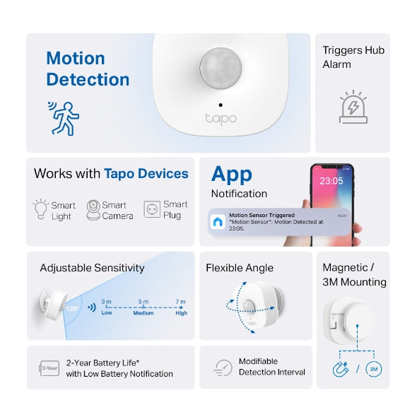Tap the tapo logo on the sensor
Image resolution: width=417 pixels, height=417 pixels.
pyautogui.click(x=220, y=118)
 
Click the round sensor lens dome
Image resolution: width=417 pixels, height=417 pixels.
pyautogui.click(x=220, y=69)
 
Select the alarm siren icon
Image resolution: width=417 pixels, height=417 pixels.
pyautogui.click(x=353, y=107)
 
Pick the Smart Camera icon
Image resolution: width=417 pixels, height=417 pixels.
pyautogui.click(x=93, y=210)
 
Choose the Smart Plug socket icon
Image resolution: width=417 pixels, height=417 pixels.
pyautogui.click(x=152, y=210)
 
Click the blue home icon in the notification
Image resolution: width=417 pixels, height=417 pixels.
pyautogui.click(x=218, y=221)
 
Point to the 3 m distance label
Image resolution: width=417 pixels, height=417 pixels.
pyautogui.click(x=106, y=302)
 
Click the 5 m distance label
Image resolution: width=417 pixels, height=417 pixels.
pyautogui.click(x=143, y=302)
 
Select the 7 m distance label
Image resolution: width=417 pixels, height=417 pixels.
pyautogui.click(x=181, y=302)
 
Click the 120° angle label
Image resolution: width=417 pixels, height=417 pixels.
pyautogui.click(x=71, y=309)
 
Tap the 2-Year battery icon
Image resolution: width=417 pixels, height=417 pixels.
pyautogui.click(x=49, y=368)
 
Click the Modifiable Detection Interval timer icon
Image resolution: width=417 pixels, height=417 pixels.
pyautogui.click(x=223, y=368)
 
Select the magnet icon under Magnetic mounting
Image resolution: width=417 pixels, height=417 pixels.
pyautogui.click(x=340, y=369)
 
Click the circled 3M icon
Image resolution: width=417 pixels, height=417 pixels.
pyautogui.click(x=374, y=369)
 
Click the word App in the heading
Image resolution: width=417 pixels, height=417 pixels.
pyautogui.click(x=231, y=174)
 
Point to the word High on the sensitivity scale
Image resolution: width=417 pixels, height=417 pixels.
pyautogui.click(x=181, y=313)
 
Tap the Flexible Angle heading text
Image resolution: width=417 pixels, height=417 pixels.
pyautogui.click(x=240, y=268)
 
